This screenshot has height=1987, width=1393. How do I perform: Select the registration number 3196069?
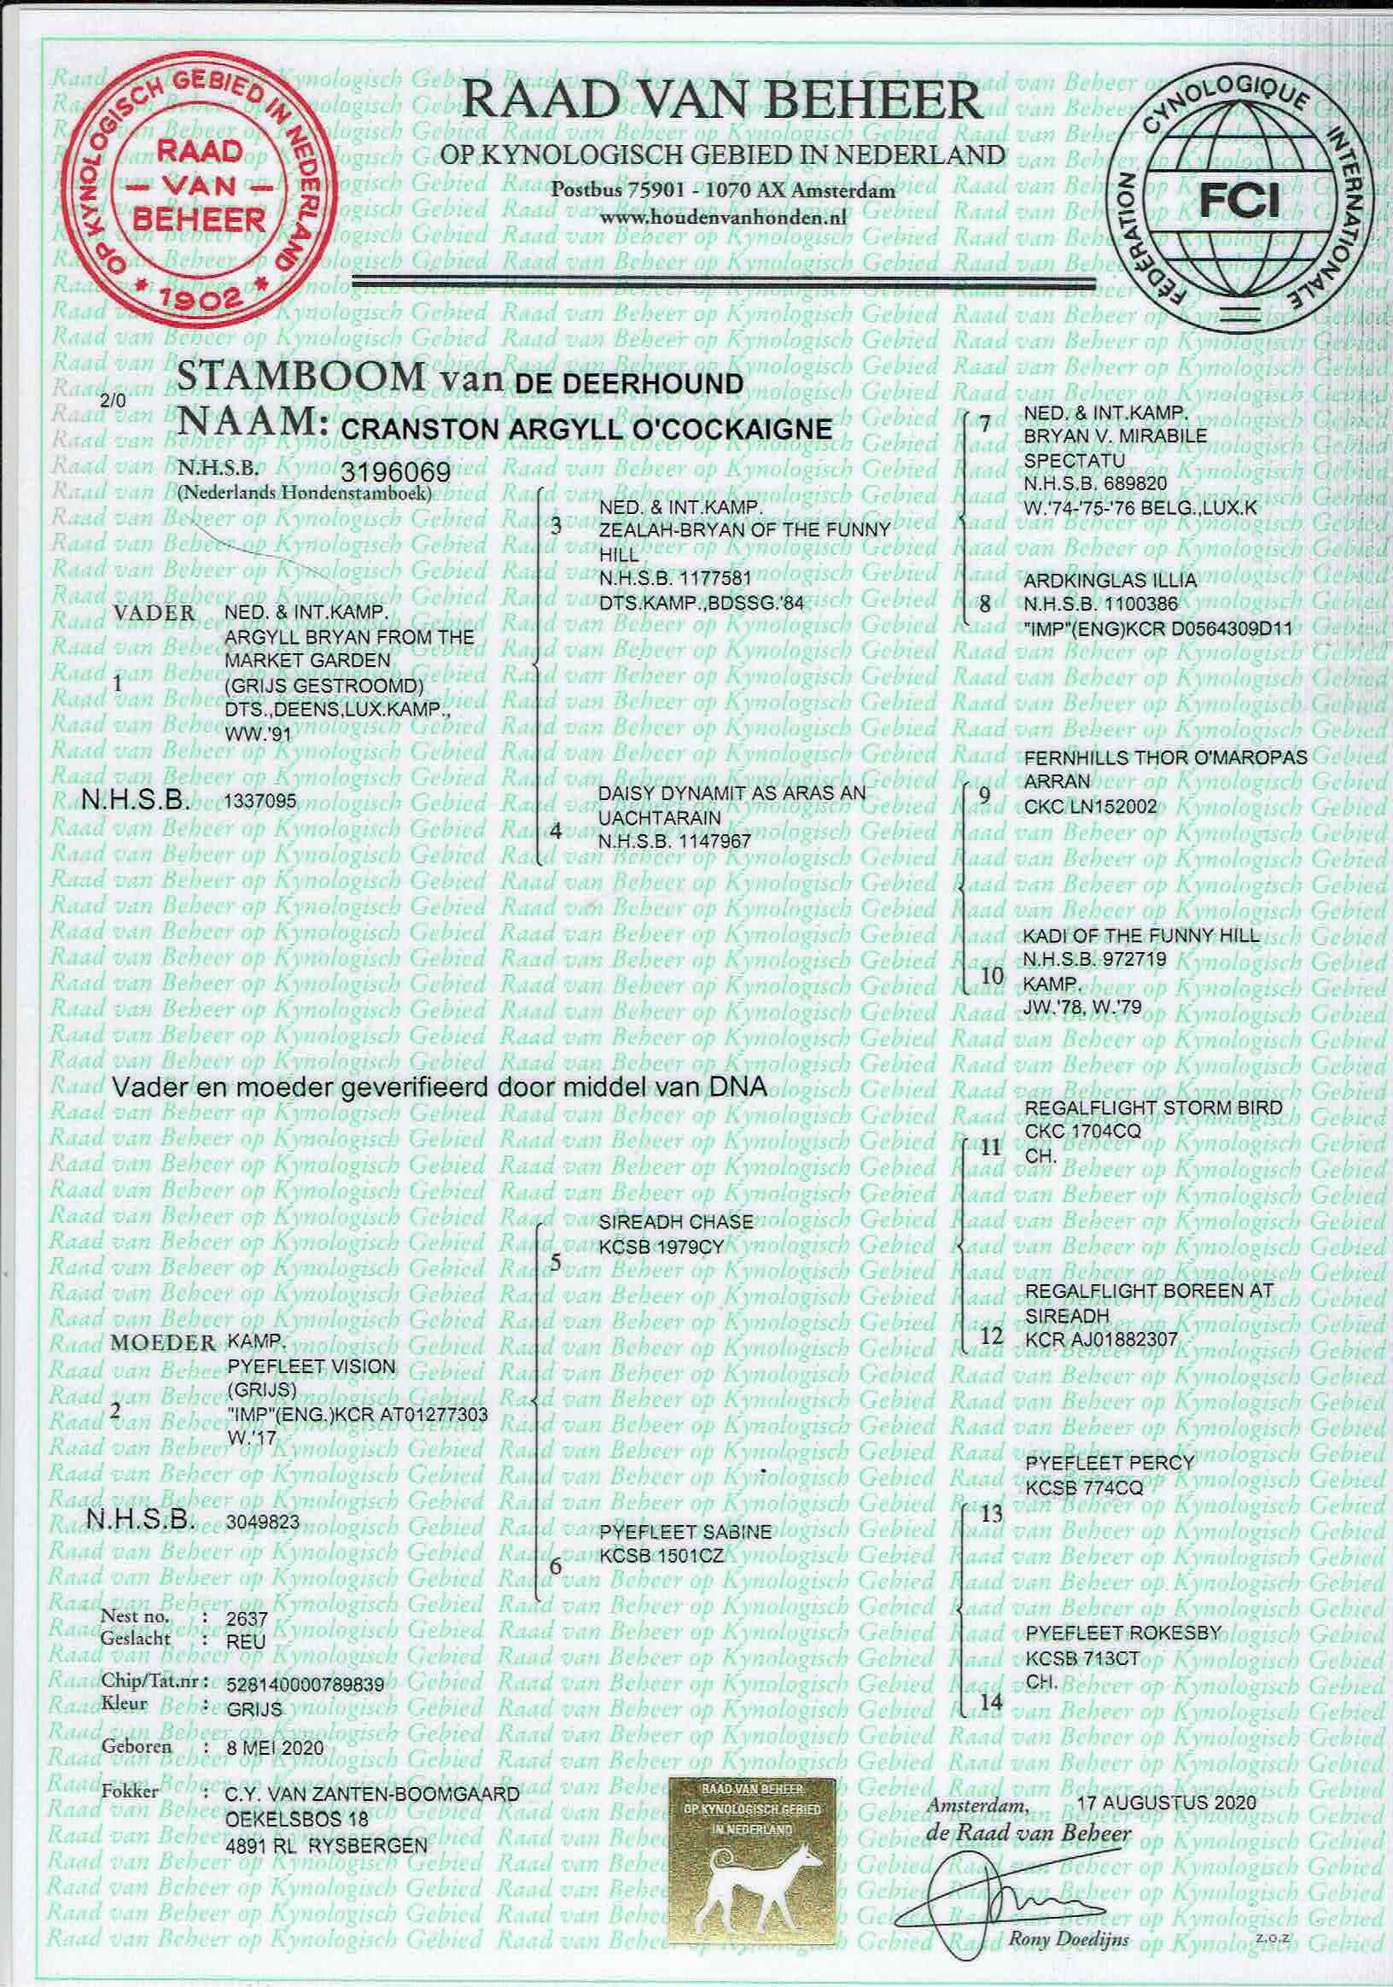(x=395, y=472)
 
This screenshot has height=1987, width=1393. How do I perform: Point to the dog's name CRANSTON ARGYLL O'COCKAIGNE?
(x=586, y=428)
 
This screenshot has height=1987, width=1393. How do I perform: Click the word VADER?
(x=154, y=614)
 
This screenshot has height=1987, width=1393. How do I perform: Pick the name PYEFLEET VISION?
(x=310, y=1366)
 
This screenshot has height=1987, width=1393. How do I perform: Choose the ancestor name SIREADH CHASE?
(x=676, y=1224)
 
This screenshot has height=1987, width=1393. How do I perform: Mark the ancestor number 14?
(x=992, y=1703)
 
